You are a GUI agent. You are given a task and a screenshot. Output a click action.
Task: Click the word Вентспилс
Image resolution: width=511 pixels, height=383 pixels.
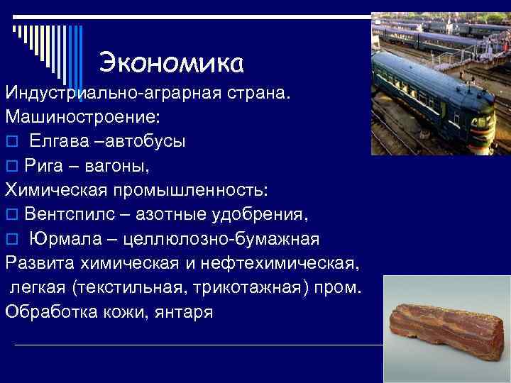[x=73, y=214]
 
